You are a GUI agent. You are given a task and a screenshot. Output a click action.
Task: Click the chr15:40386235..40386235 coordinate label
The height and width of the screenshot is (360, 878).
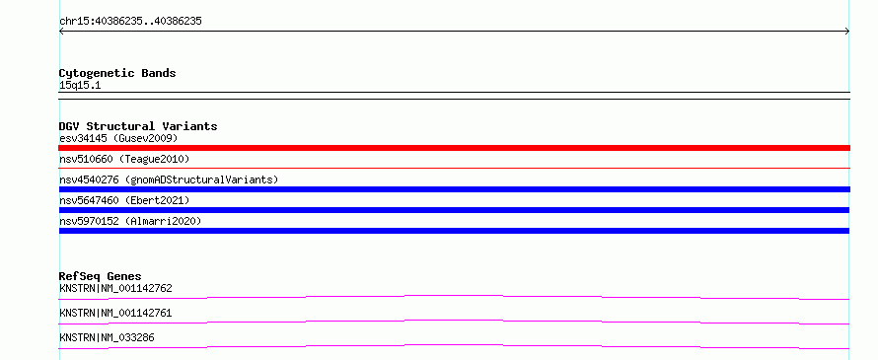pyautogui.click(x=130, y=22)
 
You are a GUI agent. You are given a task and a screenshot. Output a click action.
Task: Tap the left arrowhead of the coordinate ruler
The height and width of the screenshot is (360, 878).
pyautogui.click(x=61, y=32)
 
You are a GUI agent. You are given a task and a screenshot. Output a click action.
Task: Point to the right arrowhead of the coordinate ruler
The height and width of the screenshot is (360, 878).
pyautogui.click(x=847, y=32)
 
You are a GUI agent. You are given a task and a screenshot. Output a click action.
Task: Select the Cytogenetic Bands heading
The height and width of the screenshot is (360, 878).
pyautogui.click(x=117, y=73)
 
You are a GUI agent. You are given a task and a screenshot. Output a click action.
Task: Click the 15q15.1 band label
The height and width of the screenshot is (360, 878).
pyautogui.click(x=80, y=86)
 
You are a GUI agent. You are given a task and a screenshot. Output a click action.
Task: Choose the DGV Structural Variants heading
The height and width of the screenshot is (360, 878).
pyautogui.click(x=138, y=126)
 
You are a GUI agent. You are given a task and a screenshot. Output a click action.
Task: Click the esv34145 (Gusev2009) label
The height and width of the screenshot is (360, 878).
pyautogui.click(x=118, y=138)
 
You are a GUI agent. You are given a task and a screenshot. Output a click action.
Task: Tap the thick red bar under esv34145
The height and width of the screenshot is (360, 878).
pyautogui.click(x=454, y=148)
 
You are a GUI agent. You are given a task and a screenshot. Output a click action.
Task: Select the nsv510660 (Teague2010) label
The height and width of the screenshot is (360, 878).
pyautogui.click(x=124, y=160)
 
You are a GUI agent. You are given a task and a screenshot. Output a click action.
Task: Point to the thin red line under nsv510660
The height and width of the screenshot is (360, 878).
pyautogui.click(x=454, y=168)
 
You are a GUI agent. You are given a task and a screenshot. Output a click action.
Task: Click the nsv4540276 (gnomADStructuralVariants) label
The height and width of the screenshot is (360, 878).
pyautogui.click(x=169, y=180)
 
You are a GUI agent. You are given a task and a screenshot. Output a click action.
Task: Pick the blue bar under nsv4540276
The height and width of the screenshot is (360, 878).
pyautogui.click(x=454, y=189)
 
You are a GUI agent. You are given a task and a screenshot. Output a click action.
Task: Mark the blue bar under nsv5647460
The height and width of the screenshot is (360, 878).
pyautogui.click(x=454, y=210)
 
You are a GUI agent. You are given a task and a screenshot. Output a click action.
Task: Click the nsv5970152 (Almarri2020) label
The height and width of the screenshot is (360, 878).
pyautogui.click(x=130, y=221)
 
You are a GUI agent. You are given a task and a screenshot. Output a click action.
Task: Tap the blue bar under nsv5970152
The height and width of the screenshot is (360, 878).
pyautogui.click(x=454, y=231)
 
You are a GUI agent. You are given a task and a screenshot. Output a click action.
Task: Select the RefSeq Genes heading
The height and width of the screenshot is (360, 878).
pyautogui.click(x=100, y=276)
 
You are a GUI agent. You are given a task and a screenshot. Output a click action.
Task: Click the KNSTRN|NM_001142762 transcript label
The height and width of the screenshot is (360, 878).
pyautogui.click(x=115, y=289)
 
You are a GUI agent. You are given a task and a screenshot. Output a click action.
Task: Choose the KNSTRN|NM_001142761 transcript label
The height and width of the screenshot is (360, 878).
pyautogui.click(x=115, y=314)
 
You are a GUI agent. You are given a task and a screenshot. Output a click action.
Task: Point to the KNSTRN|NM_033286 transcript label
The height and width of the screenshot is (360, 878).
pyautogui.click(x=107, y=338)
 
